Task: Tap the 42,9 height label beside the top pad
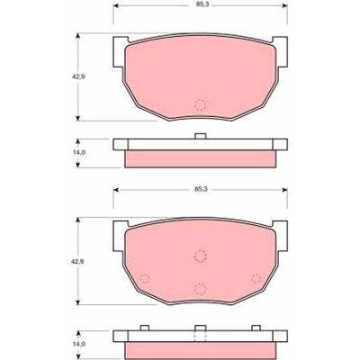78,76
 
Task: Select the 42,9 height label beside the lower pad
77,262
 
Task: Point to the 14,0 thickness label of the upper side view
79,152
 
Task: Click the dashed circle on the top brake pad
201,104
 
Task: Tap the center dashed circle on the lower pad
201,256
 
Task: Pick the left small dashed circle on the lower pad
145,278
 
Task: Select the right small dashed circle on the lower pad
256,278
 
